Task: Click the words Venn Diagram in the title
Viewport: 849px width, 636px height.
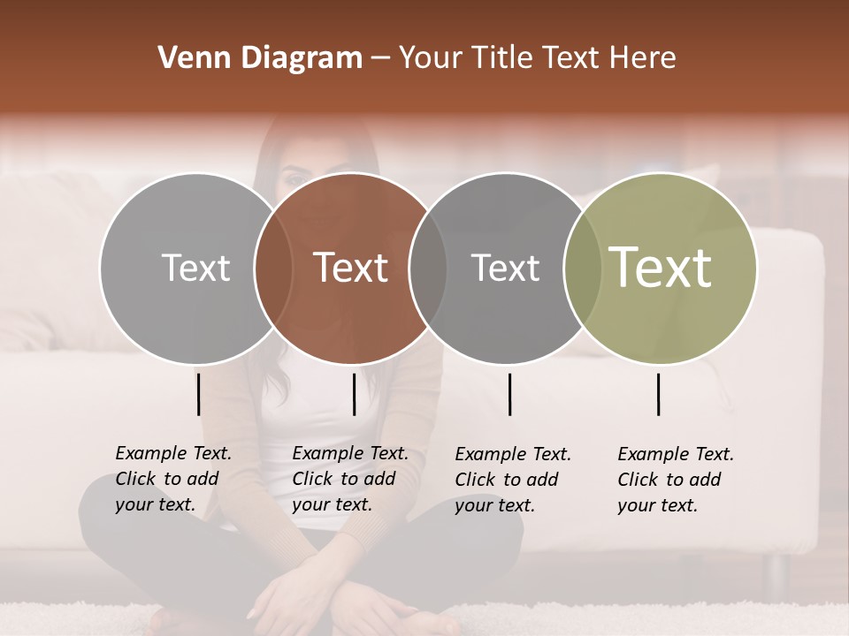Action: (x=260, y=58)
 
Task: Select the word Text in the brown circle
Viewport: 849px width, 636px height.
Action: (x=351, y=268)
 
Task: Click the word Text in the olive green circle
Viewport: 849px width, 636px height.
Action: (x=661, y=268)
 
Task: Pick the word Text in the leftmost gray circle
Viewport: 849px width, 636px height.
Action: (x=195, y=268)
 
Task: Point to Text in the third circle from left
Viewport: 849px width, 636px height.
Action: (x=505, y=268)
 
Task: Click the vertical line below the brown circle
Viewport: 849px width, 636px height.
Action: (x=354, y=394)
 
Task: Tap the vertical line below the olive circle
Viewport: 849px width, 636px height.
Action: (x=658, y=394)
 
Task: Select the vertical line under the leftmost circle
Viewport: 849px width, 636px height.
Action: (x=198, y=394)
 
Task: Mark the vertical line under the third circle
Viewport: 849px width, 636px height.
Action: (x=509, y=394)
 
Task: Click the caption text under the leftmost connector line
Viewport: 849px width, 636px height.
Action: (x=172, y=479)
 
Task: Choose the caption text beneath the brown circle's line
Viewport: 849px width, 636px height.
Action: (x=349, y=479)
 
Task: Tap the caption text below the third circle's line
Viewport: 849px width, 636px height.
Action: (x=512, y=480)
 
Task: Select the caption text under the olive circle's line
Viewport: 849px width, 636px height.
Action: (x=675, y=480)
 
